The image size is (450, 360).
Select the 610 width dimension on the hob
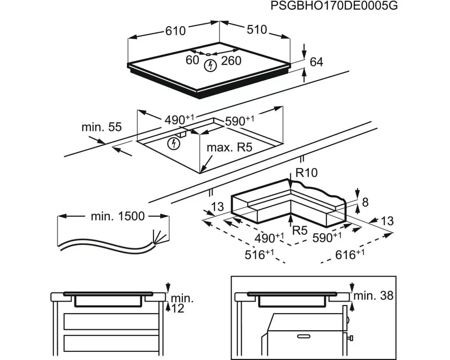(x=175, y=31)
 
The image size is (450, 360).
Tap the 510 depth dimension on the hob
(x=257, y=30)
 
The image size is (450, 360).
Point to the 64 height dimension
(x=317, y=62)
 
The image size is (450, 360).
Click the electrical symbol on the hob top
(x=210, y=66)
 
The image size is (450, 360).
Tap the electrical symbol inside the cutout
(x=173, y=144)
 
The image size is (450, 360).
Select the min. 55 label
(x=101, y=127)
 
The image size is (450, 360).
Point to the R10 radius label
(x=306, y=172)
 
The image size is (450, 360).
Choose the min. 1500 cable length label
(x=118, y=216)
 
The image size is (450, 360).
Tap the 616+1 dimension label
(x=351, y=255)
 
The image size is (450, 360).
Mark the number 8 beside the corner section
(x=365, y=202)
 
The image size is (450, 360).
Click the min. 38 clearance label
(x=373, y=296)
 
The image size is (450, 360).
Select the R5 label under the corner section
(x=299, y=230)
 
